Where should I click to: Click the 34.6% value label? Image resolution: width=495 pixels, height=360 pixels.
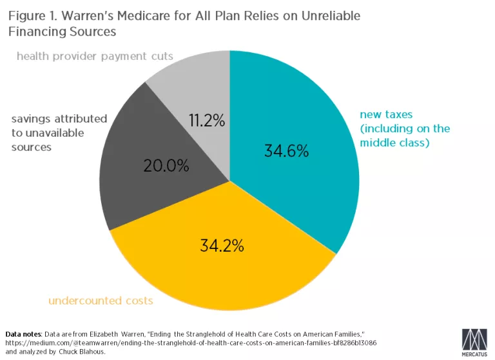[286, 152]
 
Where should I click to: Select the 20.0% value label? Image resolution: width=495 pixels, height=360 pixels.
[166, 166]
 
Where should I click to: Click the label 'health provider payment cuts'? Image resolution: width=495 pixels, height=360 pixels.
[95, 56]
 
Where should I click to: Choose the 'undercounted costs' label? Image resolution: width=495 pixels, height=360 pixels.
[101, 301]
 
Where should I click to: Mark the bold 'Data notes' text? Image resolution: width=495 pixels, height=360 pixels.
[23, 334]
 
